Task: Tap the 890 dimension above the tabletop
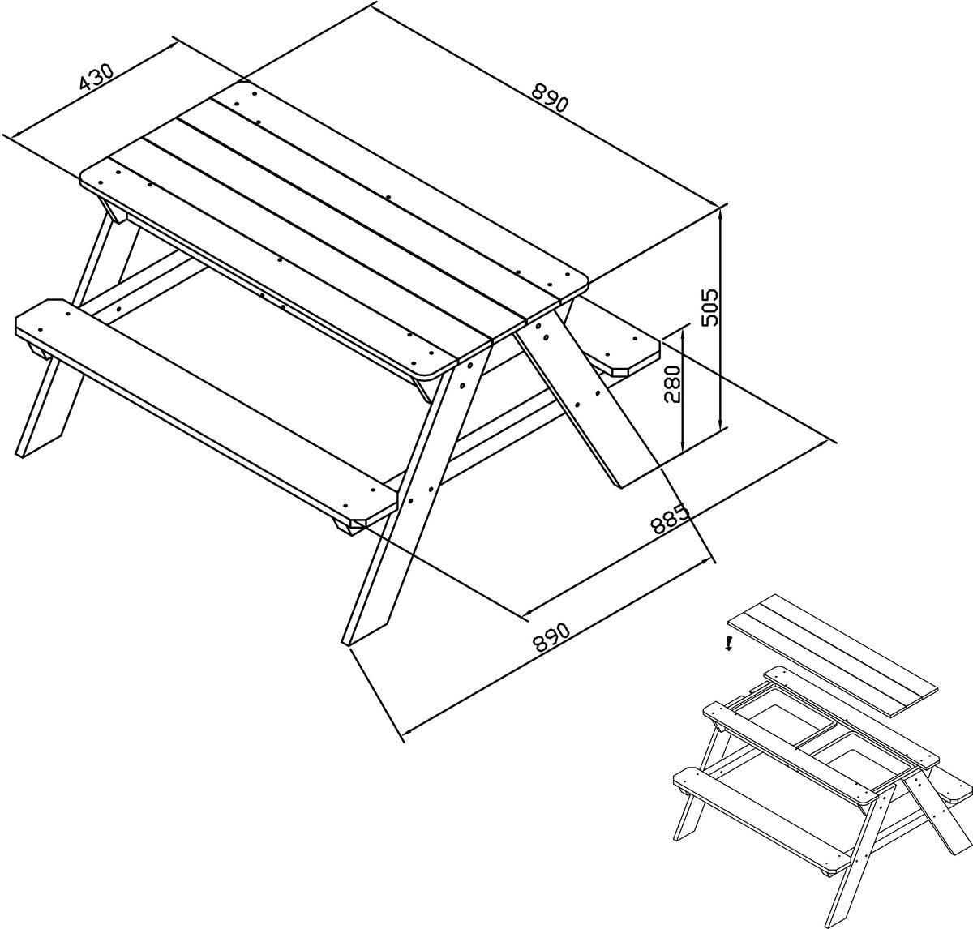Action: tap(550, 98)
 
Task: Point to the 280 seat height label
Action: tap(672, 384)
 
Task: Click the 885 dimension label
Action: tap(670, 520)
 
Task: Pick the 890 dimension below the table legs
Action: tap(551, 637)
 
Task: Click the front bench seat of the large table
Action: tap(206, 410)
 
